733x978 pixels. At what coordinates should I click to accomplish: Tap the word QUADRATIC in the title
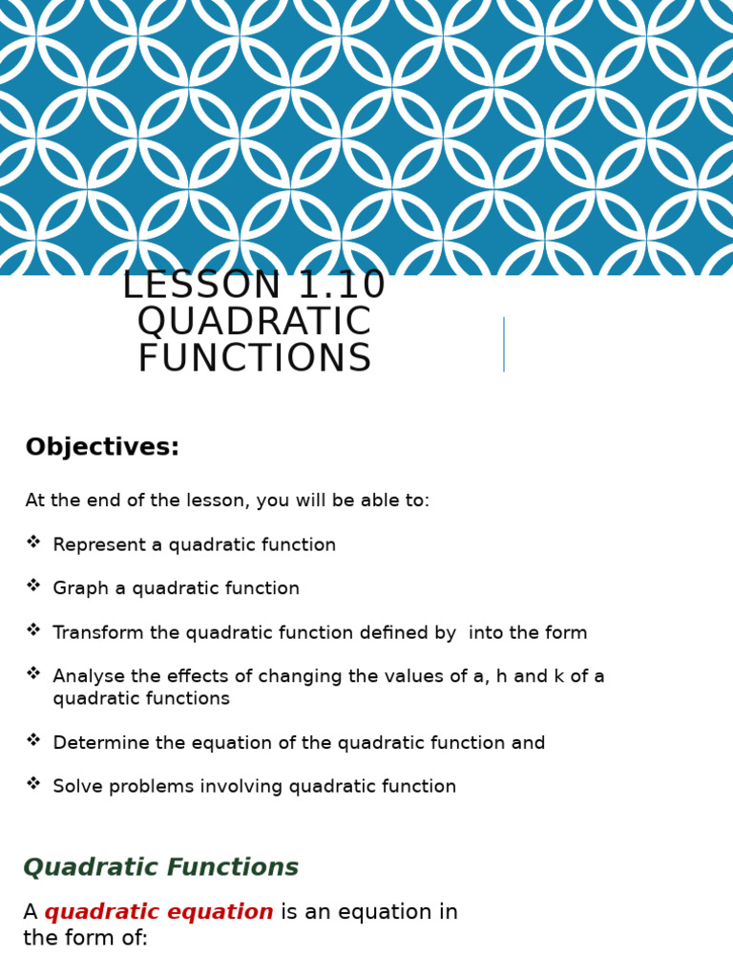tap(254, 323)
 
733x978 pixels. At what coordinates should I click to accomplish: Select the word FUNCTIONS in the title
tap(254, 360)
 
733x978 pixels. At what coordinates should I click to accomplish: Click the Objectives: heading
tap(102, 448)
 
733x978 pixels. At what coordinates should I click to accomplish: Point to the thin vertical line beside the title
tap(504, 344)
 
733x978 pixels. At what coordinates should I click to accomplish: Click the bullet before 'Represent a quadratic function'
tap(33, 542)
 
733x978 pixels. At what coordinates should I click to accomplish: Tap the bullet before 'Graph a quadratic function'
tap(33, 586)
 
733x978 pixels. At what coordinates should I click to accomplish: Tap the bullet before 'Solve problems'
tap(33, 784)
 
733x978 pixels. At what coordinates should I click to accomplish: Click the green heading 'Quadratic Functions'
tap(160, 868)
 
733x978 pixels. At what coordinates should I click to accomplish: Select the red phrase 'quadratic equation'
tap(158, 913)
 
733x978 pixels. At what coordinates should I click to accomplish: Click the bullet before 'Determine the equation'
tap(33, 740)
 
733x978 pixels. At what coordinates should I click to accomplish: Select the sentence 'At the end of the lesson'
tap(227, 501)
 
